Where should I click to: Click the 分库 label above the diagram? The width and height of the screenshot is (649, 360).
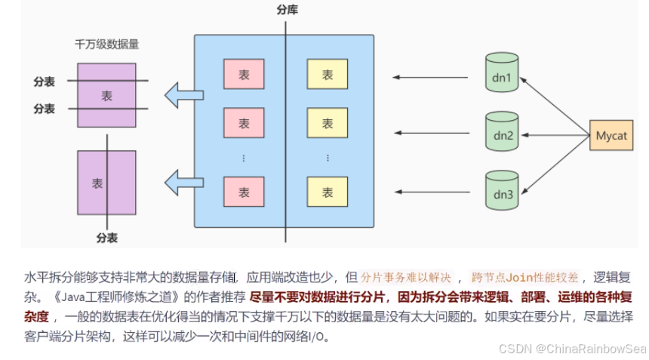click(287, 9)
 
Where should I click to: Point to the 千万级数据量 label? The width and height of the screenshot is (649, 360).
click(106, 45)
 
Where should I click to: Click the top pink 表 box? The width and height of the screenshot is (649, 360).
click(244, 75)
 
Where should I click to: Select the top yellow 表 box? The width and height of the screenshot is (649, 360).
click(327, 75)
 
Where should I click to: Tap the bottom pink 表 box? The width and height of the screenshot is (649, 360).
click(244, 192)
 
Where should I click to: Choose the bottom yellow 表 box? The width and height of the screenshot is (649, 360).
click(327, 192)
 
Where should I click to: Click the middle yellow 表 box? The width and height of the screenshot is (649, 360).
click(327, 124)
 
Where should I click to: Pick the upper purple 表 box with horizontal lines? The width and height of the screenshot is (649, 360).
click(106, 95)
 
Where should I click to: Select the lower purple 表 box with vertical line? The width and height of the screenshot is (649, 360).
click(106, 183)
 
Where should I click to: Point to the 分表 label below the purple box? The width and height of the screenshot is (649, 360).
click(106, 237)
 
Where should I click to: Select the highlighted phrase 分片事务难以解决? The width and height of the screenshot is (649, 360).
click(407, 276)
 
